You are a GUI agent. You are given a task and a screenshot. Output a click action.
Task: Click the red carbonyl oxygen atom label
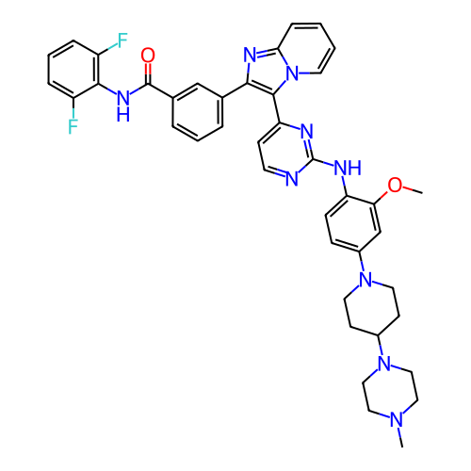tap(148, 56)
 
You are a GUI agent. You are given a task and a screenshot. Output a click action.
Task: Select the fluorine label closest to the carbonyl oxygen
tap(122, 41)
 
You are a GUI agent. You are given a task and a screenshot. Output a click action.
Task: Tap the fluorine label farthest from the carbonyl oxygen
tap(73, 126)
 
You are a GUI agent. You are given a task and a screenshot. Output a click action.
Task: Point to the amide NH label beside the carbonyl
tap(123, 106)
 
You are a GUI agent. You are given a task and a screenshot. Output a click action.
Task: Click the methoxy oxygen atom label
tap(395, 185)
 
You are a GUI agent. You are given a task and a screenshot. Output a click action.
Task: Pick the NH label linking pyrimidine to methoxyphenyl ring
tap(348, 168)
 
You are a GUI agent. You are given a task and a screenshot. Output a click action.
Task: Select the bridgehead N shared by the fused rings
tap(293, 73)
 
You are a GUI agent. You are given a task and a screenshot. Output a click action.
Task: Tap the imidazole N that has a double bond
tap(251, 56)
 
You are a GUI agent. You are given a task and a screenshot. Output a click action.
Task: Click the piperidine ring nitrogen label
tap(365, 279)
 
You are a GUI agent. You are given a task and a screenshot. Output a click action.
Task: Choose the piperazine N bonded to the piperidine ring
tap(384, 364)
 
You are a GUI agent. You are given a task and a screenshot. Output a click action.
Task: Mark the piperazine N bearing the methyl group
tap(397, 419)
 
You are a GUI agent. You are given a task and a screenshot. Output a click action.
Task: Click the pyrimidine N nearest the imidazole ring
tap(307, 131)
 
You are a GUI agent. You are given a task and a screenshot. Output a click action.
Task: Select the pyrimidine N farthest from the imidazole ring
tap(292, 179)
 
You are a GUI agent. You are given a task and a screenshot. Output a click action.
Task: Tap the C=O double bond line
tap(148, 73)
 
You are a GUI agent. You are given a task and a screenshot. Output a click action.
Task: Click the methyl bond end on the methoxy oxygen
tap(422, 192)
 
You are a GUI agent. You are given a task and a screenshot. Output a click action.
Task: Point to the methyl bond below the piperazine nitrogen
tap(400, 437)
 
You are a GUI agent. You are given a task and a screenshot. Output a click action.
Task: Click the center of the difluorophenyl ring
tap(73, 69)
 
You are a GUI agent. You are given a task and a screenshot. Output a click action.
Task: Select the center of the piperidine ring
tap(372, 308)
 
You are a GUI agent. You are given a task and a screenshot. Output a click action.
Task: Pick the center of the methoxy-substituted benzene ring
tap(353, 223)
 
